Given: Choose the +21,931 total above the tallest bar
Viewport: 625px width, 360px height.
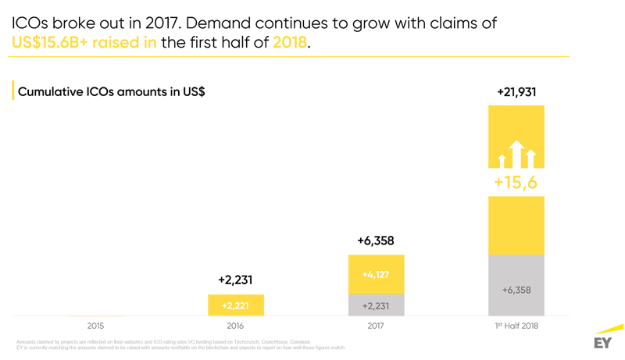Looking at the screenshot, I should (516, 92).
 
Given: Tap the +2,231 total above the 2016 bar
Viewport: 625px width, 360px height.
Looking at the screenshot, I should (236, 280).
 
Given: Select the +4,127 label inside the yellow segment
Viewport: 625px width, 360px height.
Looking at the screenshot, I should (376, 275).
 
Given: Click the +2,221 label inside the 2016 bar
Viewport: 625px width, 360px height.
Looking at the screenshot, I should (236, 305).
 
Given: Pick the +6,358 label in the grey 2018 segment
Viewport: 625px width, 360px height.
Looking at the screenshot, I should (516, 290).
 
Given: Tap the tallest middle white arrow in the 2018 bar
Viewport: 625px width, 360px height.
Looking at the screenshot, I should (516, 153).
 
